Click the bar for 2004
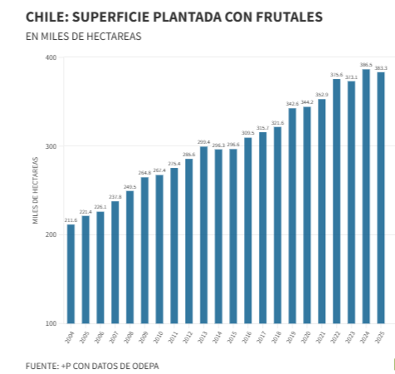(x=71, y=273)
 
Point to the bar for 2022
(x=337, y=200)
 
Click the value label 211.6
(x=71, y=219)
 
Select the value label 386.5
(x=366, y=64)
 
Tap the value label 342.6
(x=292, y=103)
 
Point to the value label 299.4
(x=203, y=141)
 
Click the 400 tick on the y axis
(x=51, y=57)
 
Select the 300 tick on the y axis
(x=51, y=146)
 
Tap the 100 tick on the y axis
(x=51, y=323)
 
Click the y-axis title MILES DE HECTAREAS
(x=36, y=190)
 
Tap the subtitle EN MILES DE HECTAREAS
(x=83, y=37)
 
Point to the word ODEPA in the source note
(x=142, y=365)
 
